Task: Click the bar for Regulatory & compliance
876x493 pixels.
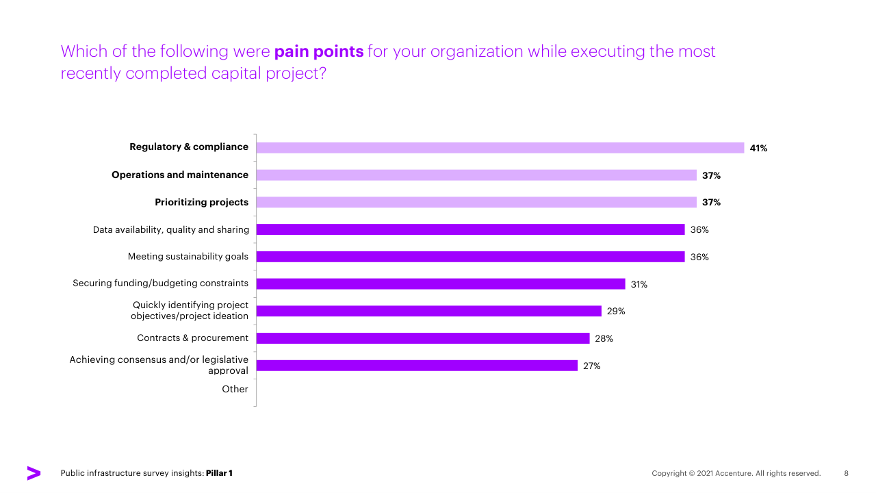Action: [x=500, y=148]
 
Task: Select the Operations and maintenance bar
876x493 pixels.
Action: [x=476, y=175]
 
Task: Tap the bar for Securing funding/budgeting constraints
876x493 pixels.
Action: [x=441, y=284]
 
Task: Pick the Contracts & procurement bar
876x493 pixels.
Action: [x=423, y=338]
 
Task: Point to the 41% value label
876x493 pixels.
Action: [x=758, y=148]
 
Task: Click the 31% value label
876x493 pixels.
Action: [x=639, y=284]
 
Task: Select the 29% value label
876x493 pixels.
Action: [x=616, y=312]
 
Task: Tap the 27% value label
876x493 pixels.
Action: [x=592, y=366]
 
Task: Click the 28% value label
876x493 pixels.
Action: [x=604, y=338]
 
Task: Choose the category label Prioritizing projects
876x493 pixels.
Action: [x=201, y=202]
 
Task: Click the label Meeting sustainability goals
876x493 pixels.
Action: [x=188, y=257]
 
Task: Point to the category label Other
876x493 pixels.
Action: [x=235, y=389]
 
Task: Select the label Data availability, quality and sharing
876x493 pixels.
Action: [x=171, y=229]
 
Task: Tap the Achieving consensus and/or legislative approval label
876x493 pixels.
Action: [x=159, y=365]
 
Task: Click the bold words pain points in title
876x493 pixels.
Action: [x=319, y=51]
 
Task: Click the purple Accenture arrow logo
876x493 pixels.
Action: [x=34, y=473]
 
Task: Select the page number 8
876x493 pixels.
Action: [x=846, y=473]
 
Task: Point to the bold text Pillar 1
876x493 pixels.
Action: [x=219, y=473]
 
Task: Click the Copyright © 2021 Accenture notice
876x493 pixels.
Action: [x=736, y=473]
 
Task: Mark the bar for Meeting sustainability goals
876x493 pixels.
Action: [x=470, y=257]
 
